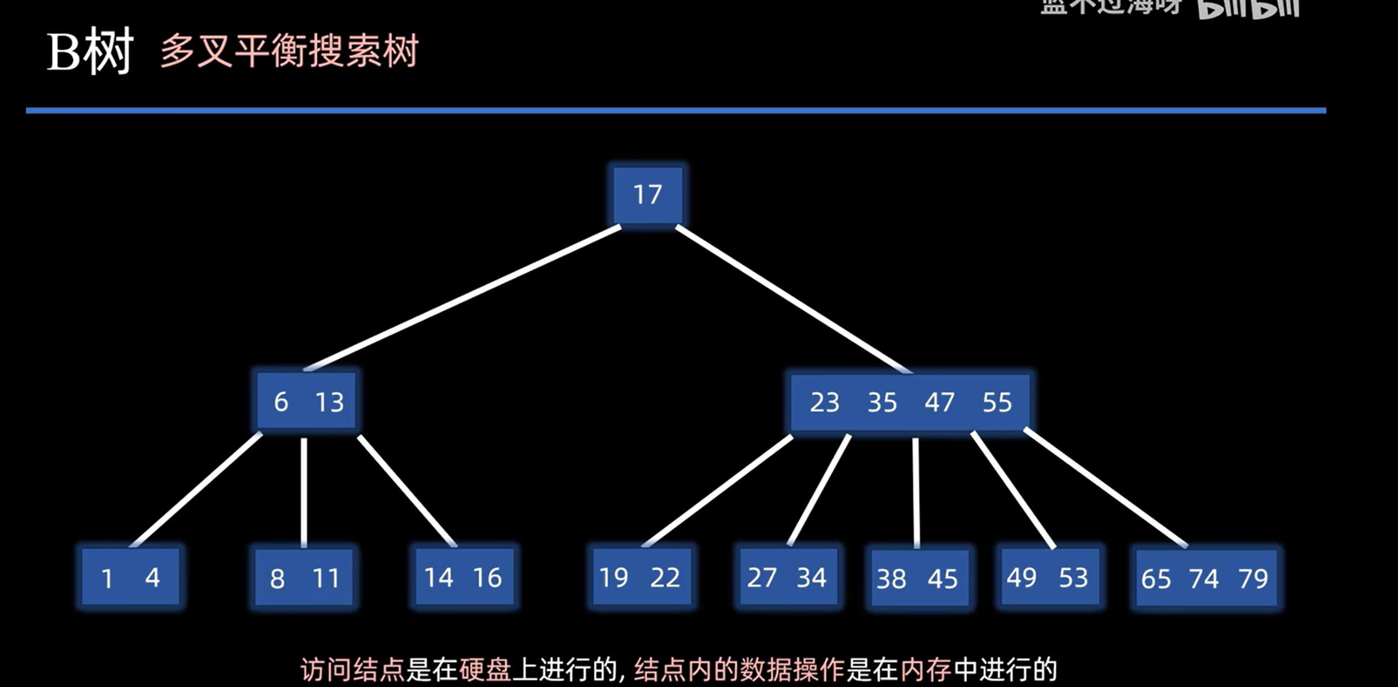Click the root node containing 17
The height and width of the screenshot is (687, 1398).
647,195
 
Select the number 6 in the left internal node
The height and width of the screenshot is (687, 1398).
281,402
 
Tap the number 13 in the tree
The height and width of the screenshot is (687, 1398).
329,402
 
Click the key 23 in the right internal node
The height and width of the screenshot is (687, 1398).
825,402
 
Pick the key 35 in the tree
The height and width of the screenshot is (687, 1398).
882,402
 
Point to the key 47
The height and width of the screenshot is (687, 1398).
939,402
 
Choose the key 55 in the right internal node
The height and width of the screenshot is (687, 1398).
997,402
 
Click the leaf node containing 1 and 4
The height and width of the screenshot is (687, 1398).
130,577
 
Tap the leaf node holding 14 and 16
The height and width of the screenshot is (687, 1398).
463,577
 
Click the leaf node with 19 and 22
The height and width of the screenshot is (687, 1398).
641,577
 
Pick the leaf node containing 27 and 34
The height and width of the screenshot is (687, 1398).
787,577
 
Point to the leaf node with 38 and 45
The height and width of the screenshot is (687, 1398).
918,578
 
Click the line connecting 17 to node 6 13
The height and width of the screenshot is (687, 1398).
463,298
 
